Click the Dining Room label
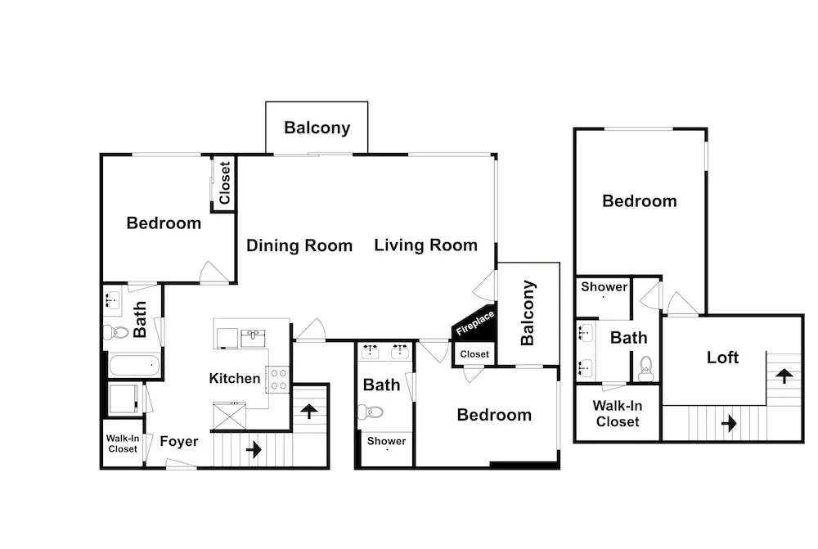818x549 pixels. coord(299,245)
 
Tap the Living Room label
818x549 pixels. coord(425,245)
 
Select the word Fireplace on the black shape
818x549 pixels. coord(475,323)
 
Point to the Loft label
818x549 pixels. coord(722,358)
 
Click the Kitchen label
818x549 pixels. coord(235,378)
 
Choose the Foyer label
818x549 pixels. coord(179,442)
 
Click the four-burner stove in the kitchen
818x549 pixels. coord(278,380)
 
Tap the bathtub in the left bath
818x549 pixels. coord(134,365)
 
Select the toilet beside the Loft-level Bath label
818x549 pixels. coord(646,368)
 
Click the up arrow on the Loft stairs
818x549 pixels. coord(784,376)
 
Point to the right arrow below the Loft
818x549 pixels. coord(730,423)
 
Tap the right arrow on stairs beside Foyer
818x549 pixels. coord(254,449)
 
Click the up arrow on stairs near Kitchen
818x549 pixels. coord(309,411)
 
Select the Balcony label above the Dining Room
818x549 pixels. coord(317,128)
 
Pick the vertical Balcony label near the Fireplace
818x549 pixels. coord(528,313)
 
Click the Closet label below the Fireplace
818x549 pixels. coord(474,354)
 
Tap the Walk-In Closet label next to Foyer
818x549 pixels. coord(123,443)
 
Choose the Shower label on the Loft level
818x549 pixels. coord(605,287)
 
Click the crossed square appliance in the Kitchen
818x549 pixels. coord(230,416)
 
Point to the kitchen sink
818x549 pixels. coord(253,338)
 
